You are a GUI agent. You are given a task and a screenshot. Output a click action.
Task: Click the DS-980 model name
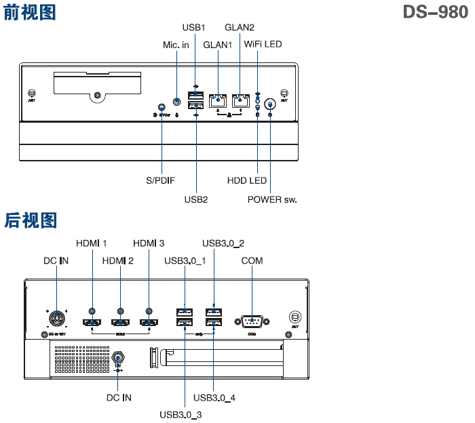tap(435, 12)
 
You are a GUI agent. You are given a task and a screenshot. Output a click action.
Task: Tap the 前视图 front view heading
tap(31, 12)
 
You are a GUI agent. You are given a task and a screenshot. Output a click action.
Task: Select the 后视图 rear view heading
tap(31, 220)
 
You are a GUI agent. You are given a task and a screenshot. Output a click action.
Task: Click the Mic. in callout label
tap(176, 45)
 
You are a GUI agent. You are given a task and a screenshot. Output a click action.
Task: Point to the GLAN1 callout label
tap(218, 45)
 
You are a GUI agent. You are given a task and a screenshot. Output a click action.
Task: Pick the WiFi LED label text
tap(263, 45)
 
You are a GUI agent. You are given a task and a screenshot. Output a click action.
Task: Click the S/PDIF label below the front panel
tap(161, 181)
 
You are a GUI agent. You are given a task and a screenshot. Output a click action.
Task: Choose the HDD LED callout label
tap(247, 181)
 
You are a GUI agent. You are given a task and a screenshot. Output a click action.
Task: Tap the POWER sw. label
tap(272, 200)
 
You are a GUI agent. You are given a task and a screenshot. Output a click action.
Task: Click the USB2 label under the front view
tap(195, 200)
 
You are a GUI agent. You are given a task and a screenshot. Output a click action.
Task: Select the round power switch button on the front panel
tap(270, 104)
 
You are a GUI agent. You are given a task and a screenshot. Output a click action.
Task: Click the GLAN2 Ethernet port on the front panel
tap(240, 100)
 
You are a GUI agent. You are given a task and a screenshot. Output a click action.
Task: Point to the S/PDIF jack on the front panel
tap(161, 107)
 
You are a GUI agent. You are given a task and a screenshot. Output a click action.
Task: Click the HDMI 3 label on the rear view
tap(149, 243)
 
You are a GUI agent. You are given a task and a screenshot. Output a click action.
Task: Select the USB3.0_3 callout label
tap(180, 414)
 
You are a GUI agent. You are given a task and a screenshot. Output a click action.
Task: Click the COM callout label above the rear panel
tap(252, 261)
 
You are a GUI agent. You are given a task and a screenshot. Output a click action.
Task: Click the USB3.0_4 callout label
tap(214, 397)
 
